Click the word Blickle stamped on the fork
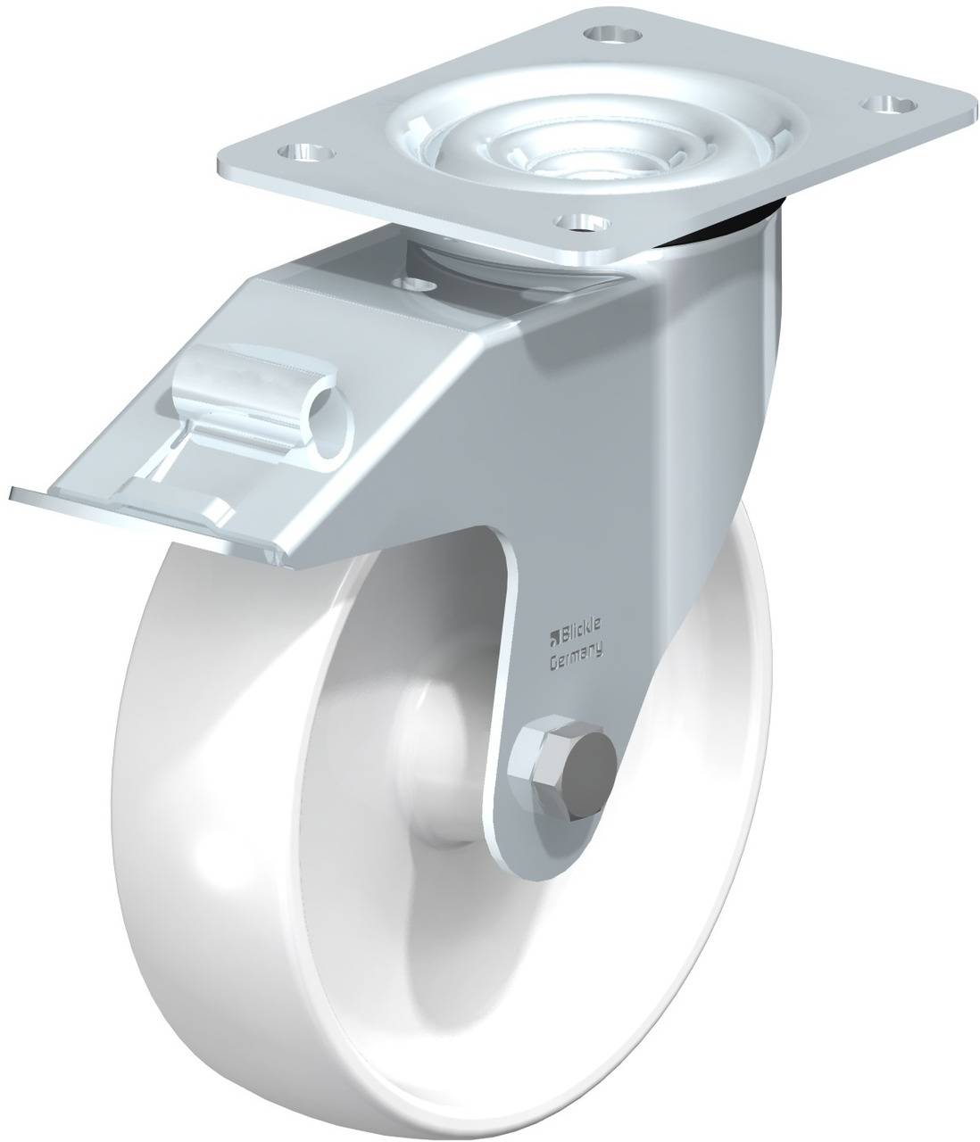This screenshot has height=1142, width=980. [583, 636]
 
